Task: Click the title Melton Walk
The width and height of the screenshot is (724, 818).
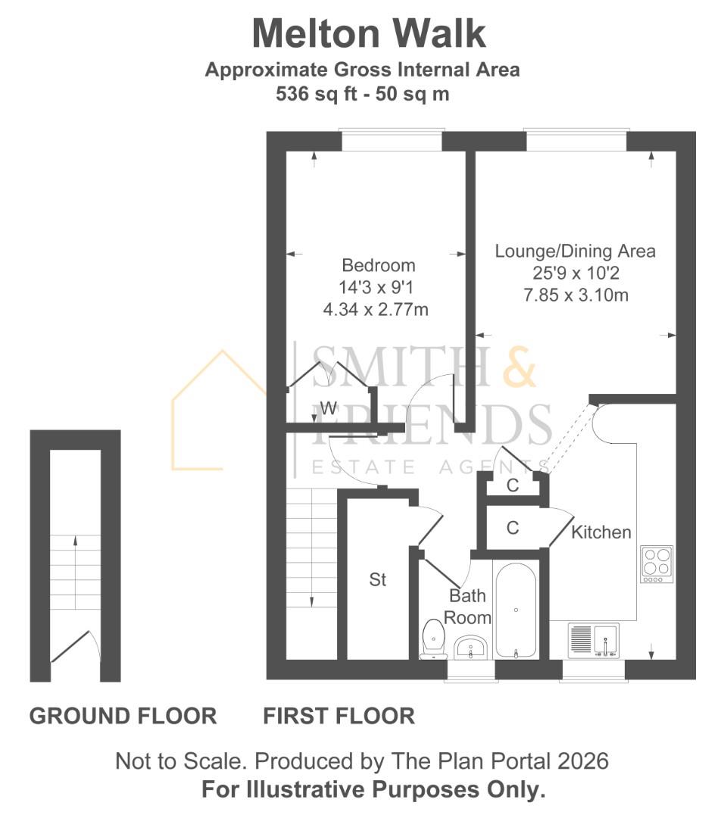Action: click(368, 34)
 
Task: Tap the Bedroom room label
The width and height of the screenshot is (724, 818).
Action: click(379, 266)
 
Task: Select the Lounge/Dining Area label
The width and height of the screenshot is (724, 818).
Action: click(575, 251)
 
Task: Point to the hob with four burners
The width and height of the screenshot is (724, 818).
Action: click(656, 563)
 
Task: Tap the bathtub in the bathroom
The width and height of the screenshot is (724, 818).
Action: click(516, 610)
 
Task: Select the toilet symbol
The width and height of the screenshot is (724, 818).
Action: click(433, 638)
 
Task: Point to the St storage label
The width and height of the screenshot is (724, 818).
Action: click(378, 580)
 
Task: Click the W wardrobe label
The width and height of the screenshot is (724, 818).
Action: click(328, 408)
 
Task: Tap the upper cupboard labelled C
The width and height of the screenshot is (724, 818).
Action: click(513, 485)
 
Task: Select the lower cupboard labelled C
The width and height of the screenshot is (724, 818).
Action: click(513, 528)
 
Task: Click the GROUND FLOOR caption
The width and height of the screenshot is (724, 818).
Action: click(123, 716)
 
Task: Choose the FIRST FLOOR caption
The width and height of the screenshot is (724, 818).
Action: click(339, 716)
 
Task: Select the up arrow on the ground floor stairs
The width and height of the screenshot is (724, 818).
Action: click(75, 542)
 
